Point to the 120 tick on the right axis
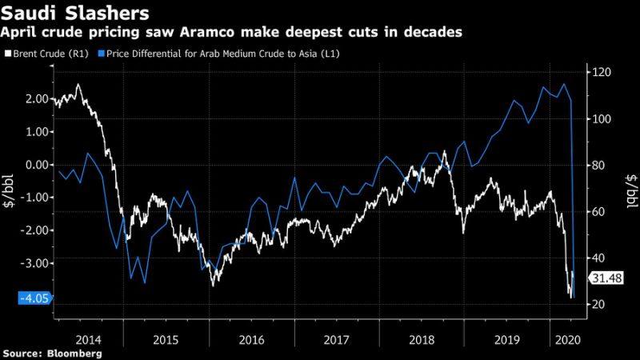[x=601, y=73]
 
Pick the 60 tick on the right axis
[x=598, y=212]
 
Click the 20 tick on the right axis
[x=598, y=305]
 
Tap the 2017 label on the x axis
[x=338, y=339]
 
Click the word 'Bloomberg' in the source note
[x=74, y=353]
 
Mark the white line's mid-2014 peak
[x=78, y=84]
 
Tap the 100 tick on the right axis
[x=601, y=119]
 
